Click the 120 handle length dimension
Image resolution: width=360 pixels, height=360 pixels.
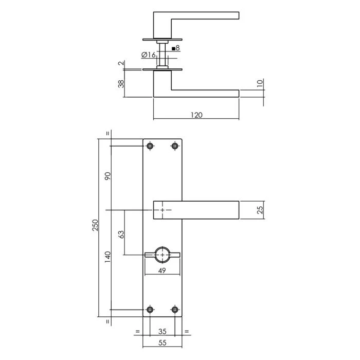coord(196,115)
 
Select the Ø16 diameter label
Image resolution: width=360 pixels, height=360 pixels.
coord(148,55)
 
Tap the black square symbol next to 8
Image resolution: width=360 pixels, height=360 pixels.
coord(173,48)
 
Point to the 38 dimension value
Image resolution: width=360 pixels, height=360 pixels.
coord(121,84)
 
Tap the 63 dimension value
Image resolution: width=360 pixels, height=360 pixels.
coord(121,235)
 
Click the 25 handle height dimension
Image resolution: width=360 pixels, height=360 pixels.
coord(260,210)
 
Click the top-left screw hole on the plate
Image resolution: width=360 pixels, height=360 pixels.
coord(150,147)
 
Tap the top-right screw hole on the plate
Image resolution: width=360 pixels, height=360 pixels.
coord(175,147)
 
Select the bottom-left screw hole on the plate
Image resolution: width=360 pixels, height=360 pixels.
coord(150,310)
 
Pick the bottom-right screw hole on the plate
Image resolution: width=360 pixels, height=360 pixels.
coord(175,310)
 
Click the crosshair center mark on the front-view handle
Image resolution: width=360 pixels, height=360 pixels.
coord(163,210)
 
